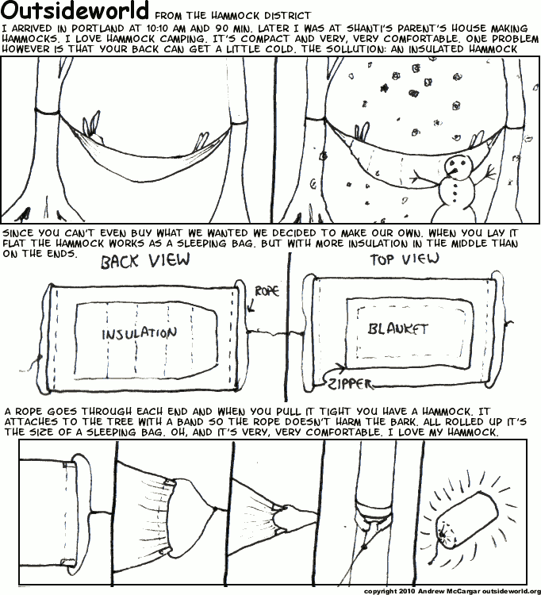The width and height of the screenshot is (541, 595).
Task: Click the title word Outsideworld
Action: (x=75, y=10)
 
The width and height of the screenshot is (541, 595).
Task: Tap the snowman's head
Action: (x=455, y=167)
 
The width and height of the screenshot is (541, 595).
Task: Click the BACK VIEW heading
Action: (x=145, y=261)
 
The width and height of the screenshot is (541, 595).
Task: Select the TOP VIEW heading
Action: (x=405, y=259)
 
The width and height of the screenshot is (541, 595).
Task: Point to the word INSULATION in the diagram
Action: (x=140, y=333)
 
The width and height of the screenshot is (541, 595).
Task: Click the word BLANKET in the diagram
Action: (x=398, y=328)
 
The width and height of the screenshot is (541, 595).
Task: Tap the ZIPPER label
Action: (x=350, y=384)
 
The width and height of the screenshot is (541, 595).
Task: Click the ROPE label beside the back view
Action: (x=267, y=291)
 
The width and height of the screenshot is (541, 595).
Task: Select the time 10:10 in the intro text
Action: (x=158, y=29)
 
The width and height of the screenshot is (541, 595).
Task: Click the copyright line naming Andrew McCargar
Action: (x=452, y=591)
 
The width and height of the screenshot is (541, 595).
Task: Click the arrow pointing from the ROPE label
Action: (x=251, y=305)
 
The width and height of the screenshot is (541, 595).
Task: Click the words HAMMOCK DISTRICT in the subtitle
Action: (x=261, y=16)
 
